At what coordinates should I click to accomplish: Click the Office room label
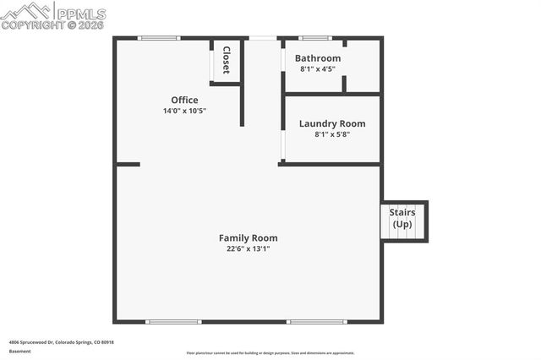184,100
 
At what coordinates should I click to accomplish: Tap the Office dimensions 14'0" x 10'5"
184,111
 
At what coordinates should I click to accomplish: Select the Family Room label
248,237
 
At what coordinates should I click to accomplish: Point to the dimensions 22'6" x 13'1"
248,248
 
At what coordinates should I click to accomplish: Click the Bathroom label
317,58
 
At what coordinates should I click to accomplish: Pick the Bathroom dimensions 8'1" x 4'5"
317,69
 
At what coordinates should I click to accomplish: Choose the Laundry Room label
332,123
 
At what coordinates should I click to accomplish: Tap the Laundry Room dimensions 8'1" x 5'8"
332,134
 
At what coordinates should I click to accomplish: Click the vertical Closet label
227,60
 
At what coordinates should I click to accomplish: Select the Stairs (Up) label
402,218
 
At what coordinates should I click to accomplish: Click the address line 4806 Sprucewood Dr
61,342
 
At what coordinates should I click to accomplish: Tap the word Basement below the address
19,351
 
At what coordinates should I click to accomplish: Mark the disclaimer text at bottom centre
270,353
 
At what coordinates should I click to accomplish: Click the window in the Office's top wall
159,38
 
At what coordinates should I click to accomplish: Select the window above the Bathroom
315,38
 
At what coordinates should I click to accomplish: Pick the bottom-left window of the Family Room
173,322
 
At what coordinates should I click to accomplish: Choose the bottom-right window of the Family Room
316,322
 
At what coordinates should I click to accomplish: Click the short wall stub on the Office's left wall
128,164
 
